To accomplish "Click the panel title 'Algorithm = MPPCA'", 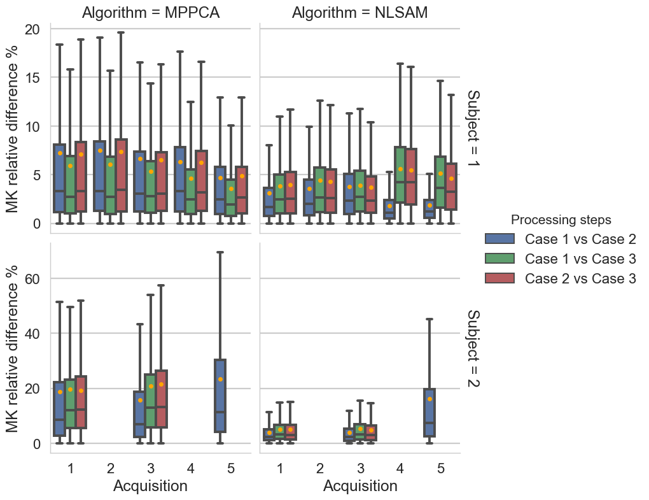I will click(151, 13).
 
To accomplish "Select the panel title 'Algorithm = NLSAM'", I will click(359, 13).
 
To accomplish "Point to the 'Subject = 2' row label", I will click(474, 348).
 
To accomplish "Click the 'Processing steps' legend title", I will click(561, 220).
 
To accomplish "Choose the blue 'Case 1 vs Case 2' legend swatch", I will click(500, 239).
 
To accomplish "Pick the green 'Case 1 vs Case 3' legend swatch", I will click(500, 259).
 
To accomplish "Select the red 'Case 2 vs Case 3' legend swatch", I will click(500, 278).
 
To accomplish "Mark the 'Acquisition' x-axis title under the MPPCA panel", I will click(150, 486).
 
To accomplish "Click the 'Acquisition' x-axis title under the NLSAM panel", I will click(360, 486).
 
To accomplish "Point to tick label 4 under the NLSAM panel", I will click(400, 468).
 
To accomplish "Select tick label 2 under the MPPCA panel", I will click(110, 468).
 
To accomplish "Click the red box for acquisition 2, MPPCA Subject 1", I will click(121, 175).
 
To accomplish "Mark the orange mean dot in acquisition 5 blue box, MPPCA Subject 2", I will click(220, 379).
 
